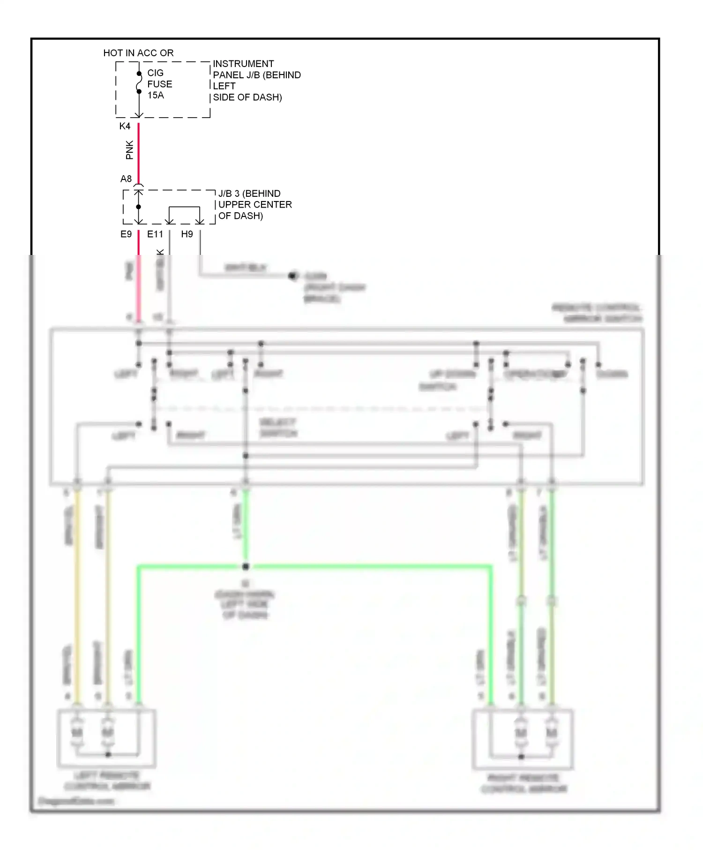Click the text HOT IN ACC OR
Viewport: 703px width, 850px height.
pyautogui.click(x=138, y=53)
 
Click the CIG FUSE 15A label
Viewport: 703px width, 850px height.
pyautogui.click(x=159, y=84)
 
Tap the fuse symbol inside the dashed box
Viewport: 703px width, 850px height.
pyautogui.click(x=139, y=83)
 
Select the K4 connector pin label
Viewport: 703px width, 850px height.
pyautogui.click(x=125, y=126)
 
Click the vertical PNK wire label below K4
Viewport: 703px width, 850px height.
pyautogui.click(x=129, y=150)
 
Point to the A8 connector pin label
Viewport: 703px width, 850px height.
pyautogui.click(x=126, y=179)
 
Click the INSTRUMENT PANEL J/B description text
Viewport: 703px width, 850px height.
pyautogui.click(x=256, y=81)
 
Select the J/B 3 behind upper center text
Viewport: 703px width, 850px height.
pyautogui.click(x=254, y=205)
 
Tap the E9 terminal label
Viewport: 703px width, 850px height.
pyautogui.click(x=126, y=234)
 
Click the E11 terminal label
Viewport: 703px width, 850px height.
pyautogui.click(x=155, y=234)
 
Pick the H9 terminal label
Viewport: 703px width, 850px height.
pyautogui.click(x=187, y=234)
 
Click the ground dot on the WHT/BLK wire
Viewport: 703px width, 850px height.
pyautogui.click(x=293, y=276)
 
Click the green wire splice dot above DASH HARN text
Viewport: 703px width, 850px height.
pyautogui.click(x=246, y=567)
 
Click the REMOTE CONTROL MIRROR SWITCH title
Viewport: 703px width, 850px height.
pyautogui.click(x=597, y=313)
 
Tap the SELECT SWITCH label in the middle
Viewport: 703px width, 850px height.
pyautogui.click(x=278, y=428)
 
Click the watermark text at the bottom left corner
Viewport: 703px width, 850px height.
pyautogui.click(x=76, y=801)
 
